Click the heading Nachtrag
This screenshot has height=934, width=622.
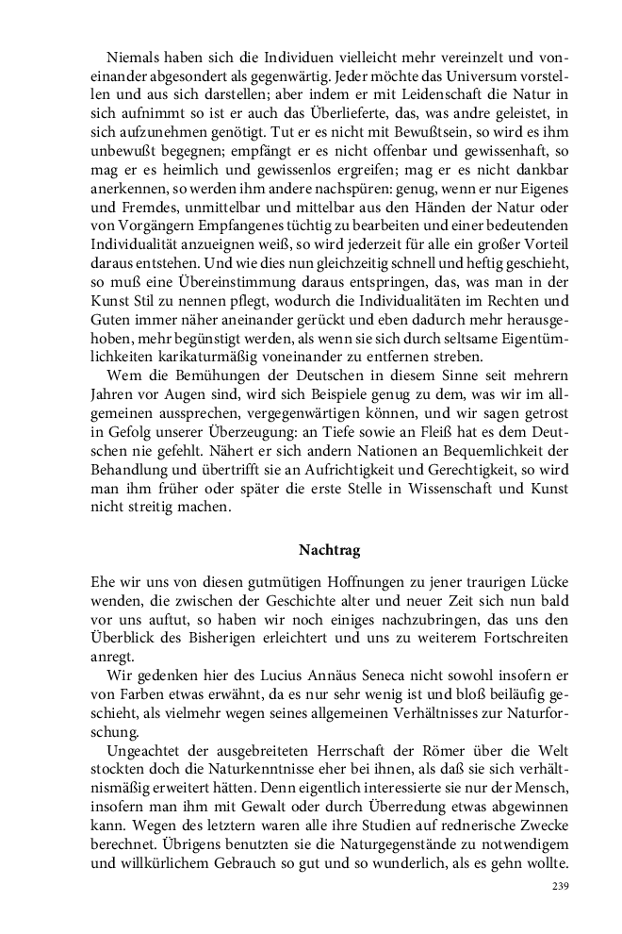tap(329, 548)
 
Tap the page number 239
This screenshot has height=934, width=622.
tap(560, 886)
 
